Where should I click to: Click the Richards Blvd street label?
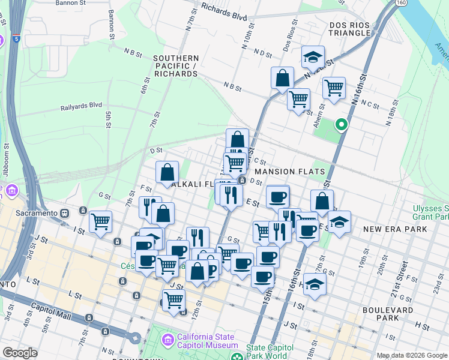pyautogui.click(x=224, y=10)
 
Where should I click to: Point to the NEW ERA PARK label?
pyautogui.click(x=395, y=229)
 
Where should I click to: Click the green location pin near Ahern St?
pyautogui.click(x=341, y=125)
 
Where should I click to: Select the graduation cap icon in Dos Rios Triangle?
pyautogui.click(x=313, y=57)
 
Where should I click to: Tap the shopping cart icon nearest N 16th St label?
pyautogui.click(x=334, y=88)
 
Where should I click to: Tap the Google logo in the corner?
pyautogui.click(x=20, y=353)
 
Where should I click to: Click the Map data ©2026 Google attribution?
pyautogui.click(x=412, y=355)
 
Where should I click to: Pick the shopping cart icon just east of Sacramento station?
pyautogui.click(x=100, y=221)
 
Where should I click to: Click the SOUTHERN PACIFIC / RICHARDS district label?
pyautogui.click(x=176, y=65)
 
